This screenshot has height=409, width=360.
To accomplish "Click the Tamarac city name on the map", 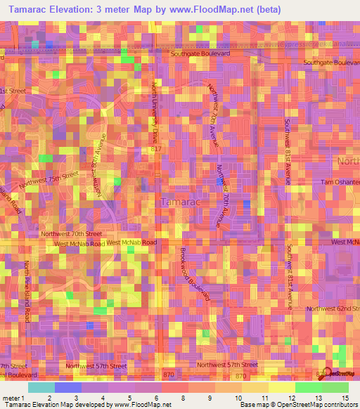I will (181, 202).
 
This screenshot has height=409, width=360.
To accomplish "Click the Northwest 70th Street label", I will (71, 233).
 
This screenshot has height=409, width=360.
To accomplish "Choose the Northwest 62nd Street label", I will (334, 309).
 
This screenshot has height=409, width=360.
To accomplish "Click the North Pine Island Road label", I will (27, 291).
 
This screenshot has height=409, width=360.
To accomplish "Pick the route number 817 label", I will (156, 149).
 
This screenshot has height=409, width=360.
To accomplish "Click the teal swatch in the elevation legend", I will (41, 387).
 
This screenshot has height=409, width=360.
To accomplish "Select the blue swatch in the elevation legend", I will (67, 387).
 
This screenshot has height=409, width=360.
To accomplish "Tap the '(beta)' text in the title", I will (268, 9).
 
